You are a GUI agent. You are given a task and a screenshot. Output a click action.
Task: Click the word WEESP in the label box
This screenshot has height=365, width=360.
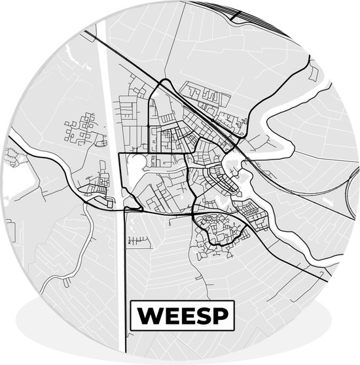click(182, 316)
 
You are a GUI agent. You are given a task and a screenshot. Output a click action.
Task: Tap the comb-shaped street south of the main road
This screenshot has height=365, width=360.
click(138, 241)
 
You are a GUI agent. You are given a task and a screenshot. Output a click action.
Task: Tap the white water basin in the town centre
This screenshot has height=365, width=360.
click(230, 161)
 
